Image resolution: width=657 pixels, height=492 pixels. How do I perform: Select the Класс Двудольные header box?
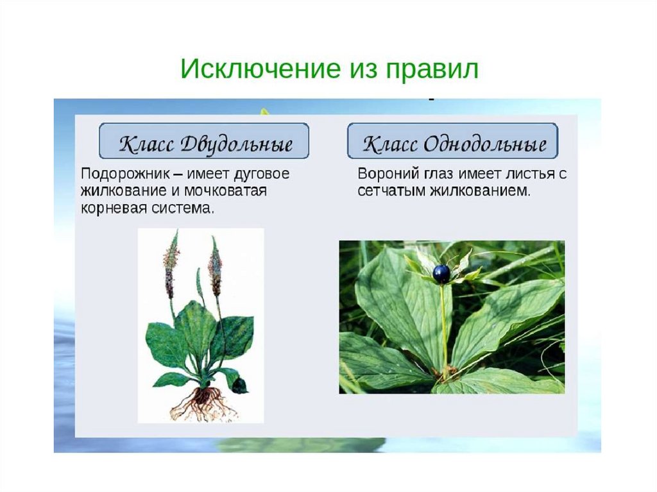point(204,141)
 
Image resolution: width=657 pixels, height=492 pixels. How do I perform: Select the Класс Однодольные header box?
point(452,141)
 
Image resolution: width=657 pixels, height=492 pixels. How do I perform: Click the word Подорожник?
point(125,174)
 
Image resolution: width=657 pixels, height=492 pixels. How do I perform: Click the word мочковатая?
point(226,191)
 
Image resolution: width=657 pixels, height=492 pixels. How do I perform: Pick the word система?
point(180,208)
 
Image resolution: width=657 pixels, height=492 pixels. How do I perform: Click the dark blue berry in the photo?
point(441,274)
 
